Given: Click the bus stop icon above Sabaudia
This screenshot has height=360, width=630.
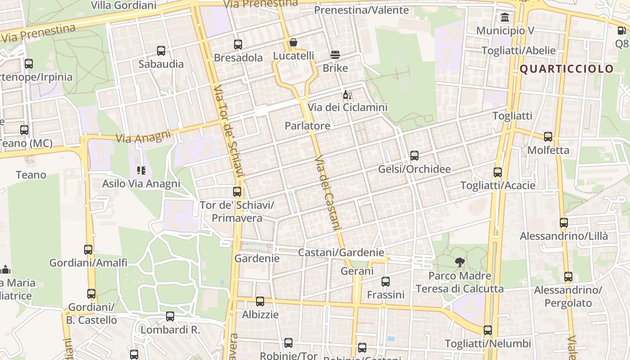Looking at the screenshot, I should pyautogui.click(x=161, y=51).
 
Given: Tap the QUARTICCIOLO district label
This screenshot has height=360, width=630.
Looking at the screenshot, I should pyautogui.click(x=567, y=69).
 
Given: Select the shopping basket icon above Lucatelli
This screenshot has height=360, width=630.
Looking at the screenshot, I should pyautogui.click(x=293, y=43).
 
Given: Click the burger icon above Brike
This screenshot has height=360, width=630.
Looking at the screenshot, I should pyautogui.click(x=335, y=55).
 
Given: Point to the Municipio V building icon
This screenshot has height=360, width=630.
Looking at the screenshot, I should pyautogui.click(x=505, y=18).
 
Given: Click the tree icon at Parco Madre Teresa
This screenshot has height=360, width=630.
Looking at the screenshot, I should pyautogui.click(x=459, y=262).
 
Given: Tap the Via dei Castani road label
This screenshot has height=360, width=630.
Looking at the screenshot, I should pyautogui.click(x=327, y=193).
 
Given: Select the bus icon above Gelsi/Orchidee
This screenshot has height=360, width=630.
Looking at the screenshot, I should pyautogui.click(x=414, y=156).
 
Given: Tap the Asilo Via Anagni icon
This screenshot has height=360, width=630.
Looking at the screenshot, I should pyautogui.click(x=141, y=171).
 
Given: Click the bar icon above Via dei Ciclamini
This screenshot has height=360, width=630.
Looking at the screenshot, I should pyautogui.click(x=347, y=95).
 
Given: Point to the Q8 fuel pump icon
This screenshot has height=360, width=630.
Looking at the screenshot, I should pyautogui.click(x=621, y=31).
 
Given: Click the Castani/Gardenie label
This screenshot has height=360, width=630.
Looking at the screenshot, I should pyautogui.click(x=341, y=252).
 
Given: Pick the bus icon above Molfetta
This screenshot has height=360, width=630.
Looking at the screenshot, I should pyautogui.click(x=548, y=137).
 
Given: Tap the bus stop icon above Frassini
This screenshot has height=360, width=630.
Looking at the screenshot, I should pyautogui.click(x=386, y=282).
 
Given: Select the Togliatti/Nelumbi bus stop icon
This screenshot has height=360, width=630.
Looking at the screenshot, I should pyautogui.click(x=488, y=330).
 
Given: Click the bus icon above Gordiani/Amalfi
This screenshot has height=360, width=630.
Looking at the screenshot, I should pyautogui.click(x=88, y=249).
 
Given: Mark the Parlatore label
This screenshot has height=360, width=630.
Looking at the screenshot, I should pyautogui.click(x=307, y=126).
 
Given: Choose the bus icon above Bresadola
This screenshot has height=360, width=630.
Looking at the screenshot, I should pyautogui.click(x=238, y=45).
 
